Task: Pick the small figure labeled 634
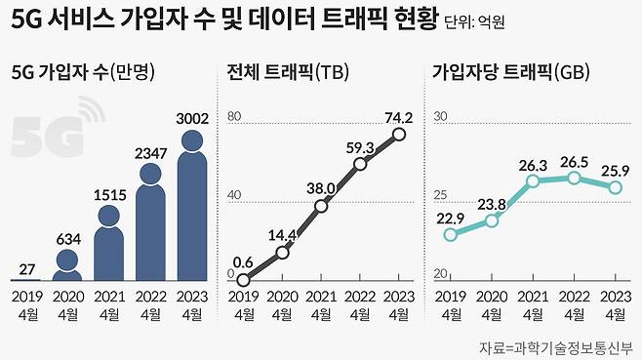coord(66,263)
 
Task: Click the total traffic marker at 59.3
coord(360,164)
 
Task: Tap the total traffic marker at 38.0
coord(321,206)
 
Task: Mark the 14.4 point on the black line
coord(282,253)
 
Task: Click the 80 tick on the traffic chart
coord(233,117)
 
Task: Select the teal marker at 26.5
coord(575,179)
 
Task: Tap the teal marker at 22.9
coord(451,234)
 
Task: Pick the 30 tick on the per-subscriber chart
coord(440,117)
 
